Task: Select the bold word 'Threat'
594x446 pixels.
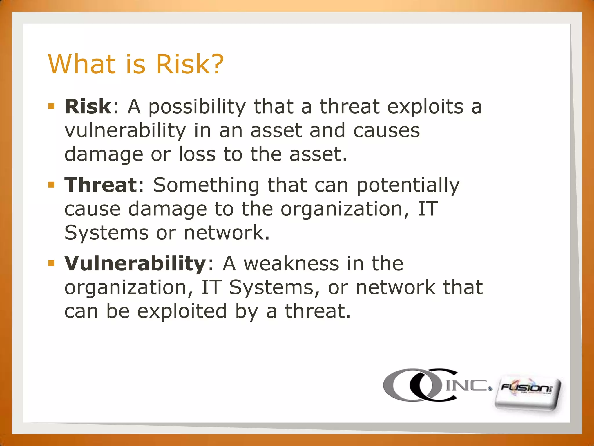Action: pyautogui.click(x=100, y=185)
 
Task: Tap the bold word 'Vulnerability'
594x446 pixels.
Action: pyautogui.click(x=135, y=264)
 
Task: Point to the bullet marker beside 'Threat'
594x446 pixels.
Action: pyautogui.click(x=52, y=185)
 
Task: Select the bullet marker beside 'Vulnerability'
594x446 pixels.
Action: pyautogui.click(x=52, y=263)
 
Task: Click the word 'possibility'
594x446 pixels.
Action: pyautogui.click(x=197, y=107)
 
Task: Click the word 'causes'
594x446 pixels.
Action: pyautogui.click(x=387, y=130)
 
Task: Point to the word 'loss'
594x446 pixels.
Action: pyautogui.click(x=197, y=154)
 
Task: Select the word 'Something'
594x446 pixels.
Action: pyautogui.click(x=206, y=185)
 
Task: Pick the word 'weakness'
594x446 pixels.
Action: pyautogui.click(x=291, y=264)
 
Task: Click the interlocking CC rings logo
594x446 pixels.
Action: pyautogui.click(x=418, y=385)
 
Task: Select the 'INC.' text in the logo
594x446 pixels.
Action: pyautogui.click(x=468, y=385)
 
